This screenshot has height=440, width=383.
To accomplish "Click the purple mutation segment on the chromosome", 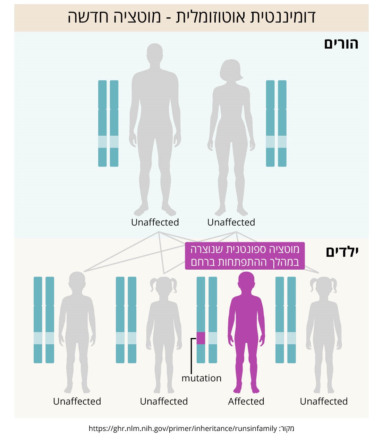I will [x=201, y=338].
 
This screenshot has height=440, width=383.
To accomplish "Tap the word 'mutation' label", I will [x=201, y=378].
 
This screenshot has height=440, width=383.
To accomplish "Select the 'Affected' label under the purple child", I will [x=246, y=401].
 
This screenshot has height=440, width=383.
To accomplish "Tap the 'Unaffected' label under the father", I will [x=155, y=222].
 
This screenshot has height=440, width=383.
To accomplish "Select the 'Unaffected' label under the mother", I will [x=231, y=222].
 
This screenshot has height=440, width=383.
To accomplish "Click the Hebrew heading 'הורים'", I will [x=341, y=44].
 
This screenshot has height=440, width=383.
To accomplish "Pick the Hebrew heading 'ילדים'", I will [x=342, y=252].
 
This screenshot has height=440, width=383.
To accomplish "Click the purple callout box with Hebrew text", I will [x=245, y=256].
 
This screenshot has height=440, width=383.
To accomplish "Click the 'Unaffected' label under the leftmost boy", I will [x=77, y=401].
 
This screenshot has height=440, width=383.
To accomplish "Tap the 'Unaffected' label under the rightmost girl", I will [x=324, y=401].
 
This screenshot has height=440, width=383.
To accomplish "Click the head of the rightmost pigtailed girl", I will [x=324, y=286].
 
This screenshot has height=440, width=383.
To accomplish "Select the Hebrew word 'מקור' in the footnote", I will [x=288, y=429].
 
